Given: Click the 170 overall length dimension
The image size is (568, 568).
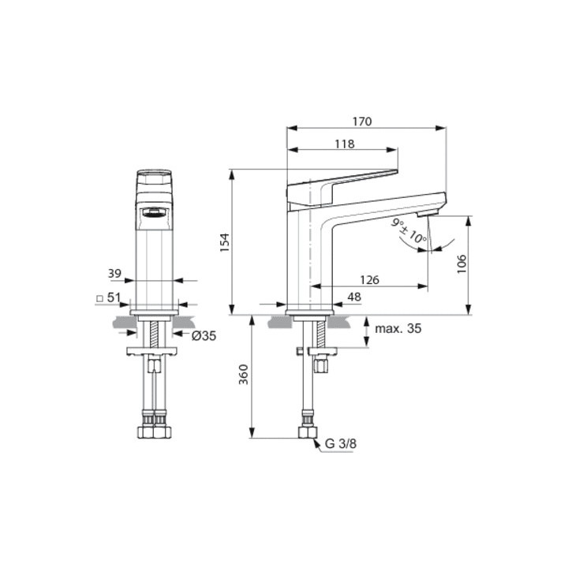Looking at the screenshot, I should [361, 121].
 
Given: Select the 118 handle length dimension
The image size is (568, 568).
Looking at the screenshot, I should [344, 144].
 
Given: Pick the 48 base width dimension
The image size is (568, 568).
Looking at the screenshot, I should [353, 297].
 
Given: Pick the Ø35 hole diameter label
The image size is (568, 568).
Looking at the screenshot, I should [204, 335].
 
